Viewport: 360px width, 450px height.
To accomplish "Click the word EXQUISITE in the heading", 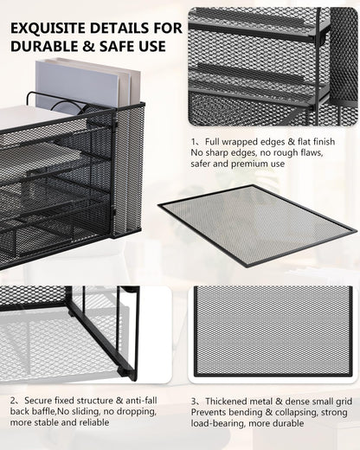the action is point(48,29).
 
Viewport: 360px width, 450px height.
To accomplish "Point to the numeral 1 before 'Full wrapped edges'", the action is point(193,142).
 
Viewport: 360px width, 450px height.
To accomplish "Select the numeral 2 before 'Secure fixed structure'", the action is point(13,401).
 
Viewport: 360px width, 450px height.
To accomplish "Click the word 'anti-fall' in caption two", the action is point(141,401).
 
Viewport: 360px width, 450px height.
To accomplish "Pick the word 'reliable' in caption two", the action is point(94,422).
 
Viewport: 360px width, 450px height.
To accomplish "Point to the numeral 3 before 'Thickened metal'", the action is point(194,402).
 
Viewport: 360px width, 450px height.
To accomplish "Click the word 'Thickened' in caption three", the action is point(226,402).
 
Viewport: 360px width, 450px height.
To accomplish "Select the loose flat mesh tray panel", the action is point(257,226).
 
